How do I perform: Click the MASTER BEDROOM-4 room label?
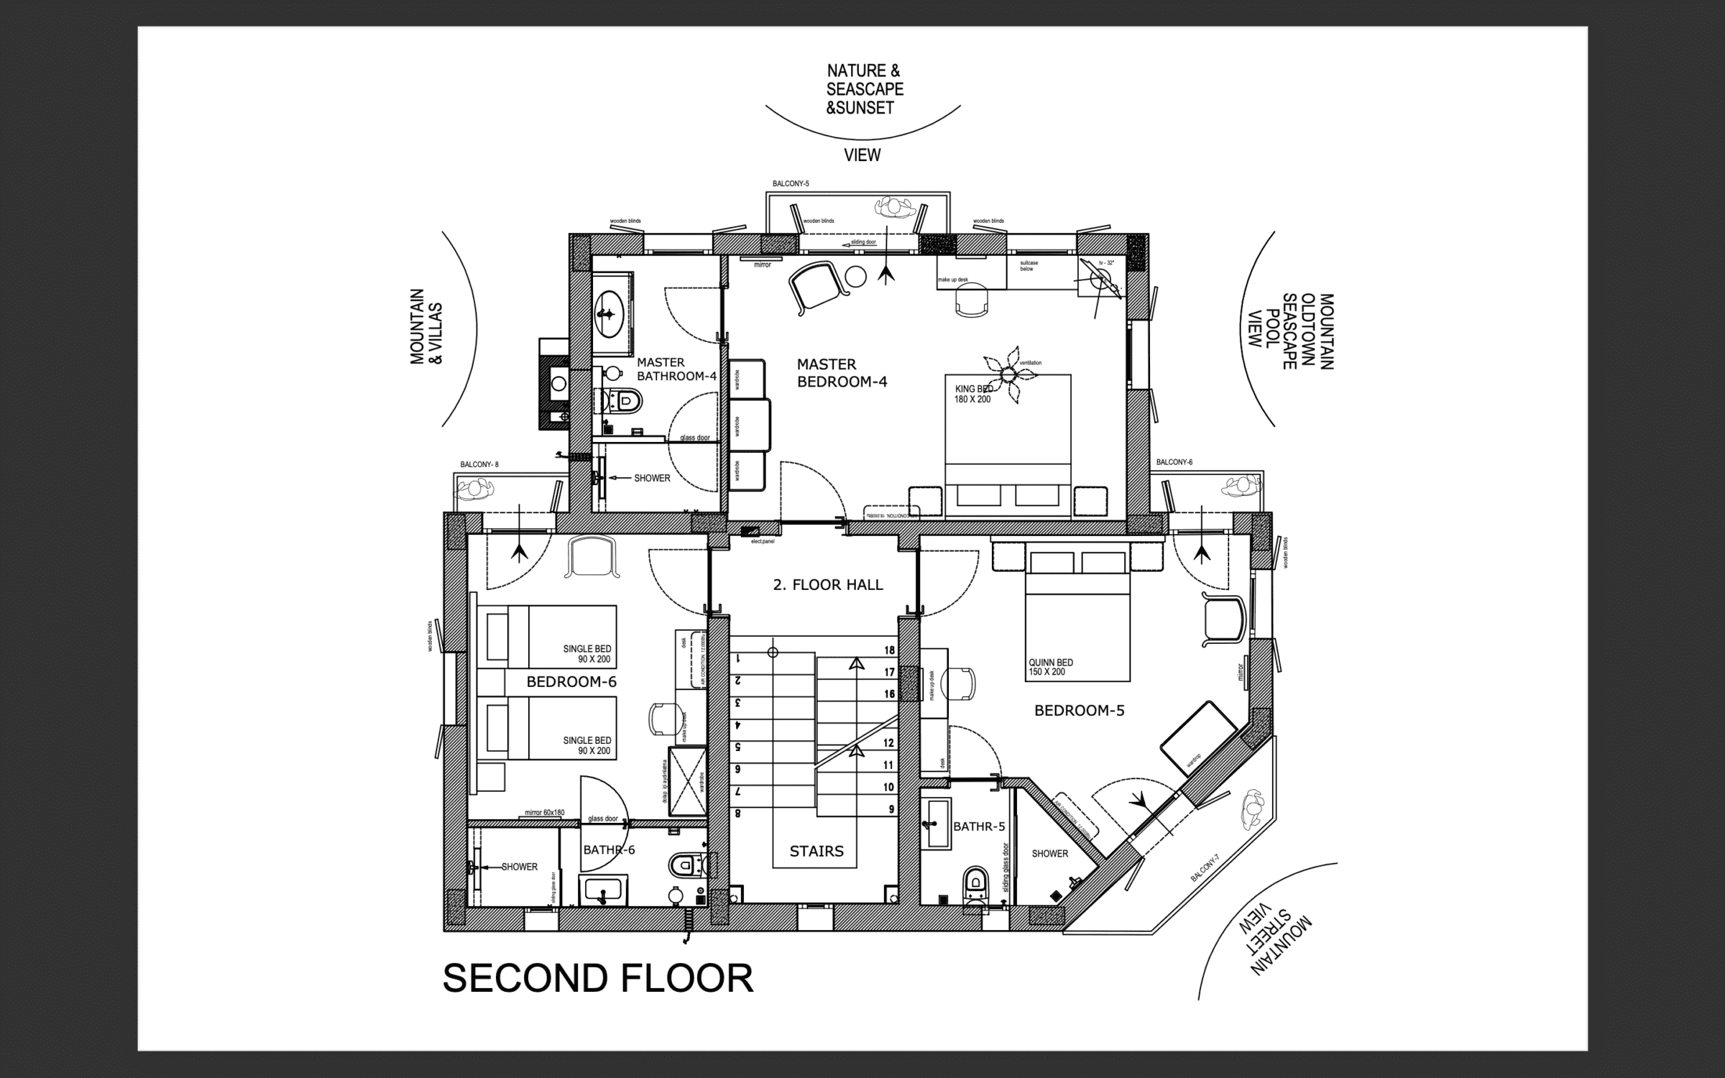842,373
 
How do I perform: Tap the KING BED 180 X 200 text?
973,395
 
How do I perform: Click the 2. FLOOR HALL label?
827,585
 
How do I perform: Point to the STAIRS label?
816,852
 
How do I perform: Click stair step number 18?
889,650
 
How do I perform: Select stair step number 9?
891,809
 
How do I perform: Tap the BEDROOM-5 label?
1079,711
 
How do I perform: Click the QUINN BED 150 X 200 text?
1050,667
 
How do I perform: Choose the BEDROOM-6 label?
571,681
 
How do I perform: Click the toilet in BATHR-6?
686,864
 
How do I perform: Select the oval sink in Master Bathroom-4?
609,314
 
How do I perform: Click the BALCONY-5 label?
791,184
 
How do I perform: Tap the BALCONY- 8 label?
479,465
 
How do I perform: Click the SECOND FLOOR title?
597,979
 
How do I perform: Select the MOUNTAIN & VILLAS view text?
426,327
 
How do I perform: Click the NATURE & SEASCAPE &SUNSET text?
864,90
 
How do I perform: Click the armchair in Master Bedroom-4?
817,286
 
